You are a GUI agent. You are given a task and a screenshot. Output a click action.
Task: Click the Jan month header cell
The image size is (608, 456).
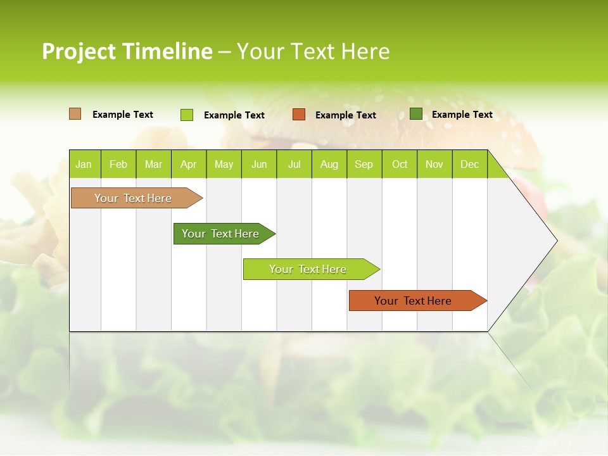click(x=84, y=164)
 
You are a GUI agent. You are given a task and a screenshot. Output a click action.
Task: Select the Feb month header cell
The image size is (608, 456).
click(x=118, y=164)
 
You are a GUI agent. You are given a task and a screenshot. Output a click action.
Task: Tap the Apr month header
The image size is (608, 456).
click(x=188, y=164)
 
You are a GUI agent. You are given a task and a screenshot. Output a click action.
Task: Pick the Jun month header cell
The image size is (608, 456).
click(x=259, y=164)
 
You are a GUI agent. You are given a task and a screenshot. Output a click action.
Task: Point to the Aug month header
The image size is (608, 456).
click(x=329, y=164)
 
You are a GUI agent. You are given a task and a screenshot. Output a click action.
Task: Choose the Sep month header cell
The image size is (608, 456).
click(x=364, y=164)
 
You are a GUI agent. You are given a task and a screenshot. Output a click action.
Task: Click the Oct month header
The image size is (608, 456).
click(x=400, y=164)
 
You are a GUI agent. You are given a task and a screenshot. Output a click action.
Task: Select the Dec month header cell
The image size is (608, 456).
click(x=469, y=164)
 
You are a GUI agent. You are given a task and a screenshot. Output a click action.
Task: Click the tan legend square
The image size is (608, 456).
click(x=75, y=114)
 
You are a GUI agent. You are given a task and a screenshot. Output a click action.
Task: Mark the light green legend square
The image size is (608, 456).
click(x=186, y=115)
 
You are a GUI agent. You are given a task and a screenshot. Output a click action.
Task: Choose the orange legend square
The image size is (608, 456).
click(x=299, y=115)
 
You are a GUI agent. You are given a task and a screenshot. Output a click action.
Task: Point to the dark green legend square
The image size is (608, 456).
click(x=416, y=114)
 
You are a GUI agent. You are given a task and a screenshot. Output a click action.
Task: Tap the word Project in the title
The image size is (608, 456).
click(x=79, y=51)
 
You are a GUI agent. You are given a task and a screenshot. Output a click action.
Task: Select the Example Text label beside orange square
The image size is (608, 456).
click(x=346, y=115)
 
